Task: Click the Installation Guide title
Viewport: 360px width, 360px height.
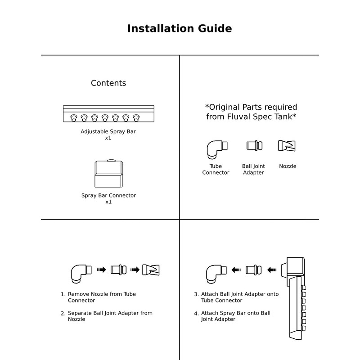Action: [x=180, y=29]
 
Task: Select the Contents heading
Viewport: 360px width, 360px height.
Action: [x=108, y=83]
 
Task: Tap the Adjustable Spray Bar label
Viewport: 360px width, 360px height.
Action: [x=108, y=132]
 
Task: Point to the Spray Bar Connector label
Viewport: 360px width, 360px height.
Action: [x=108, y=196]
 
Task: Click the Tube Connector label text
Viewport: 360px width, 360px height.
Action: [x=216, y=169]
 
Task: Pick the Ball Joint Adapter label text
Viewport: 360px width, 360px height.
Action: [x=253, y=169]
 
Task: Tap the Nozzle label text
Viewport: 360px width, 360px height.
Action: [x=288, y=166]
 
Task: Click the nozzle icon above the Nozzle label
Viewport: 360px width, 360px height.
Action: [x=287, y=146]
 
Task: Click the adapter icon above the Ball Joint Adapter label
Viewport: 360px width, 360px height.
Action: [x=252, y=146]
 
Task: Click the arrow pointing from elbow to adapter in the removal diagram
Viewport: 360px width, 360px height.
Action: [x=101, y=270]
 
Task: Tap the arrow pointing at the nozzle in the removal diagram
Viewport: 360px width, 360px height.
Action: [x=135, y=270]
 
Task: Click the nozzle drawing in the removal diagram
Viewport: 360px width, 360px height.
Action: [x=151, y=270]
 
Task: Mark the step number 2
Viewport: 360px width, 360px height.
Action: [x=63, y=313]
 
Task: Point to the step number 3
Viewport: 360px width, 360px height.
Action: [x=196, y=294]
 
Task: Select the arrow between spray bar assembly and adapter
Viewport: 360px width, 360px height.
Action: [x=271, y=270]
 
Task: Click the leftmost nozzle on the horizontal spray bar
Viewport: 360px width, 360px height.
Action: [x=73, y=118]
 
